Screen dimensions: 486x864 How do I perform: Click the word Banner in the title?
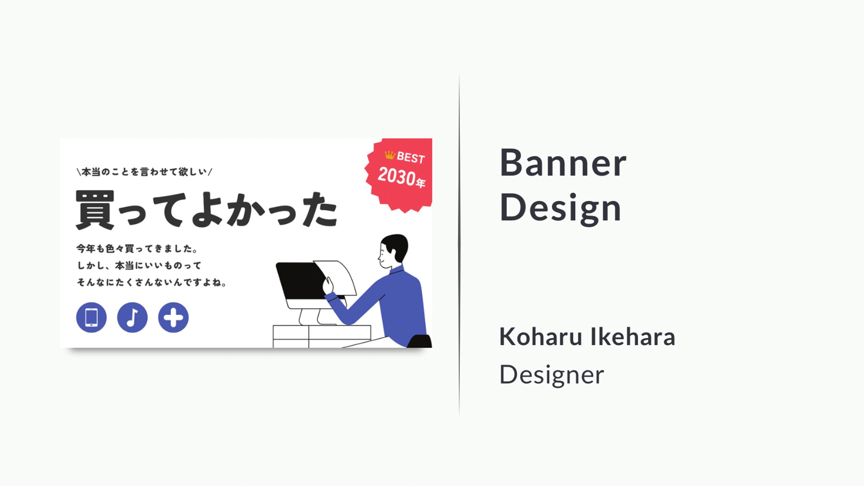[563, 163]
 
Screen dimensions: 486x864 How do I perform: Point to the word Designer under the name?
[551, 374]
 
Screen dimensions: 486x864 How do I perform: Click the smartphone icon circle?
[91, 318]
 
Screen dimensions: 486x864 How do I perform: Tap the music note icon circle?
[132, 318]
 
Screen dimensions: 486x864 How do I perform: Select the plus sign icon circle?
[173, 318]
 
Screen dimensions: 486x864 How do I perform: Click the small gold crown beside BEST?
[390, 155]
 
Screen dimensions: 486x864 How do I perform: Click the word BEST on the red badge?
[411, 158]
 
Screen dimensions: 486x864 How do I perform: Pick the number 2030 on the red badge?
[396, 176]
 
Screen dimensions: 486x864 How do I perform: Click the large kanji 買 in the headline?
[95, 210]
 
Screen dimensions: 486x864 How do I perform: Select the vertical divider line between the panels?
[459, 245]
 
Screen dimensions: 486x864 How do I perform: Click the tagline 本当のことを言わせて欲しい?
[144, 172]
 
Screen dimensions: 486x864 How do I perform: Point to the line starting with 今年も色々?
[136, 249]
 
